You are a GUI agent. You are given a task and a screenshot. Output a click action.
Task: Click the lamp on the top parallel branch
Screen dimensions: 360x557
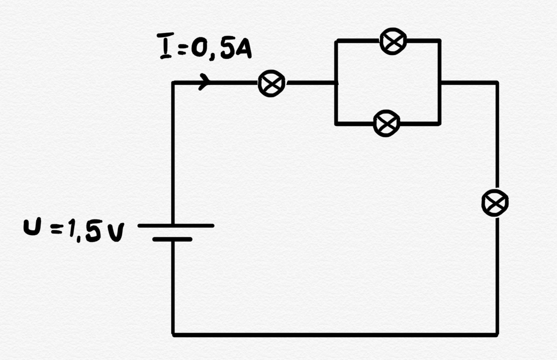[x=393, y=41]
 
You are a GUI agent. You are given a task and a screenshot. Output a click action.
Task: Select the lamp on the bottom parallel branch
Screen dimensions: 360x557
[x=386, y=123]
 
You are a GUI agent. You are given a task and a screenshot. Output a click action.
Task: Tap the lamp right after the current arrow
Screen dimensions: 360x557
[x=272, y=84]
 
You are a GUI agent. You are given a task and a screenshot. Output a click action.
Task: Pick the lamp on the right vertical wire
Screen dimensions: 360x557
[x=495, y=203]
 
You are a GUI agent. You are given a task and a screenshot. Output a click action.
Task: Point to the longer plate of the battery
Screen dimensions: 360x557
[x=176, y=226]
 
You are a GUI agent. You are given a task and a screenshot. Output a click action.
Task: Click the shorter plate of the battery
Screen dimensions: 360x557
[x=172, y=239]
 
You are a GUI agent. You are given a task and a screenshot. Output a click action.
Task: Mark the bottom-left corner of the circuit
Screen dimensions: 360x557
[x=173, y=334]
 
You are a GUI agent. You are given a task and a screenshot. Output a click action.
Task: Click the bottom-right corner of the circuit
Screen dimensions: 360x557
[x=496, y=334]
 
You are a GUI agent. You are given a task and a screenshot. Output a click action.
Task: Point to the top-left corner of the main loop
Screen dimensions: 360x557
[x=173, y=83]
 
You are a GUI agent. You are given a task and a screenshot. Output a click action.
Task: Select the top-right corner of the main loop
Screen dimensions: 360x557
[x=496, y=83]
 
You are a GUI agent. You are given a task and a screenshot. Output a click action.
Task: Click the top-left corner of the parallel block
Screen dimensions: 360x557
[x=337, y=41]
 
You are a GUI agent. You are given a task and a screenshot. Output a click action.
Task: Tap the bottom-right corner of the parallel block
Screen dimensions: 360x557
[x=439, y=123]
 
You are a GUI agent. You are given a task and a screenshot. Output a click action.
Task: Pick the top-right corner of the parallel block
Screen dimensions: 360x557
[x=439, y=41]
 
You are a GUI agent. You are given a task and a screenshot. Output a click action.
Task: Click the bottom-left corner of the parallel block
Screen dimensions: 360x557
[x=337, y=123]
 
